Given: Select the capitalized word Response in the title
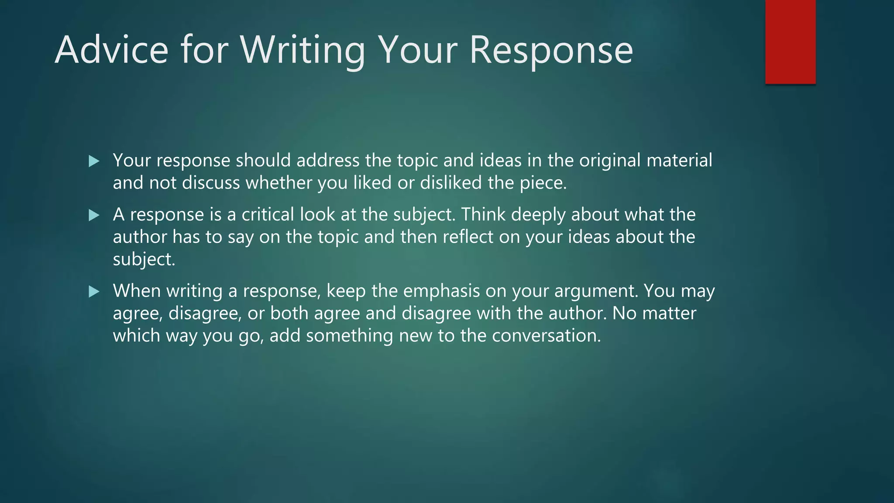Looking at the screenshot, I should point(551,50).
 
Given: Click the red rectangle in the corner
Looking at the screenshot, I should point(790,42).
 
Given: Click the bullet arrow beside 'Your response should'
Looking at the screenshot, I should point(94,162).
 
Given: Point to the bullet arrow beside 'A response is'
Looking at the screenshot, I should point(94,215).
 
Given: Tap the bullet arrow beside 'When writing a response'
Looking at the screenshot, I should point(94,292).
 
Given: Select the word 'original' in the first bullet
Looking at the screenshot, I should point(610,161).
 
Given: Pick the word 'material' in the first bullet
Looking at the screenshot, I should point(679,160).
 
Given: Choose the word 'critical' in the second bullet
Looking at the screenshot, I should point(268,214).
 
